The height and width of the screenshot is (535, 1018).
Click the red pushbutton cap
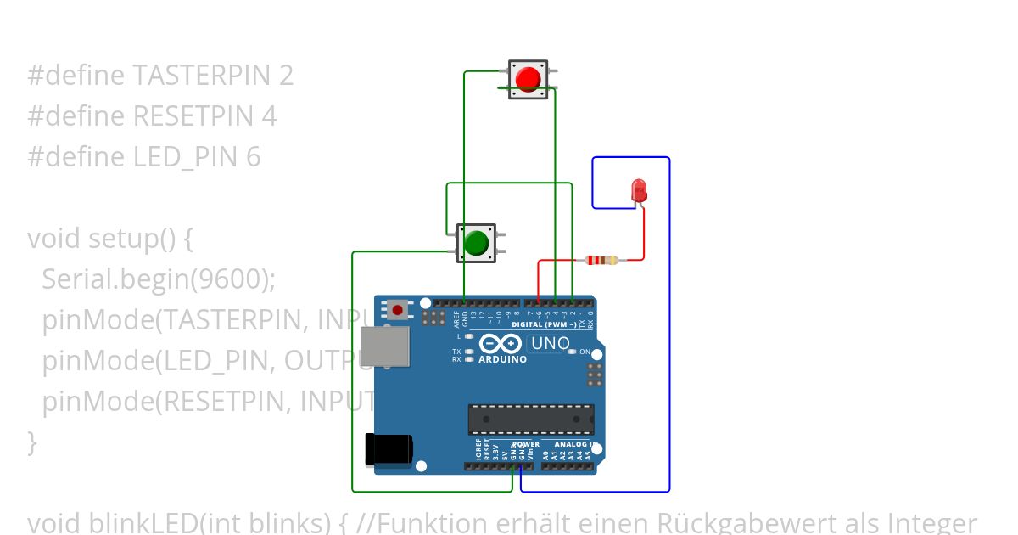529,79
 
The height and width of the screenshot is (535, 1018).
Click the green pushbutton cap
476,243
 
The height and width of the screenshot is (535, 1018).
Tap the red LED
640,189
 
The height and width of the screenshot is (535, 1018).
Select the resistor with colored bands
602,260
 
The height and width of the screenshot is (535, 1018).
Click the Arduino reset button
396,310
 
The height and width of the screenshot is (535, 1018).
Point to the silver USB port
384,347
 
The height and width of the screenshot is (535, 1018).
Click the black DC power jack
387,450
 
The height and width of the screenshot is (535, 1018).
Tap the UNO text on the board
550,343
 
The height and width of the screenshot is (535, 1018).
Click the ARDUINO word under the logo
502,359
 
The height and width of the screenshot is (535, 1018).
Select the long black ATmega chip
531,420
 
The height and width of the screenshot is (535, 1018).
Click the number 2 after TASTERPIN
286,76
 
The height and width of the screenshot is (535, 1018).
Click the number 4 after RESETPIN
269,116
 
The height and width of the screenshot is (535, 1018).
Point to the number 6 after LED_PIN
253,157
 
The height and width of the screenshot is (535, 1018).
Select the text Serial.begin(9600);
159,279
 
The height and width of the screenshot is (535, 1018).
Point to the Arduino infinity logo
501,343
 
